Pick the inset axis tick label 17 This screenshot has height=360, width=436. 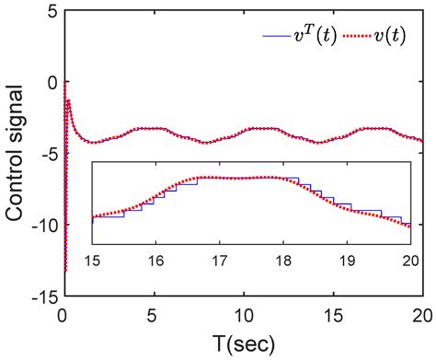(x=222, y=261)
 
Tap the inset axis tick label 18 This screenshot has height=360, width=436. (x=285, y=261)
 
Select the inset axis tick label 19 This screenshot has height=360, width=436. (x=349, y=261)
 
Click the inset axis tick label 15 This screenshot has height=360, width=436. (x=94, y=261)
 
